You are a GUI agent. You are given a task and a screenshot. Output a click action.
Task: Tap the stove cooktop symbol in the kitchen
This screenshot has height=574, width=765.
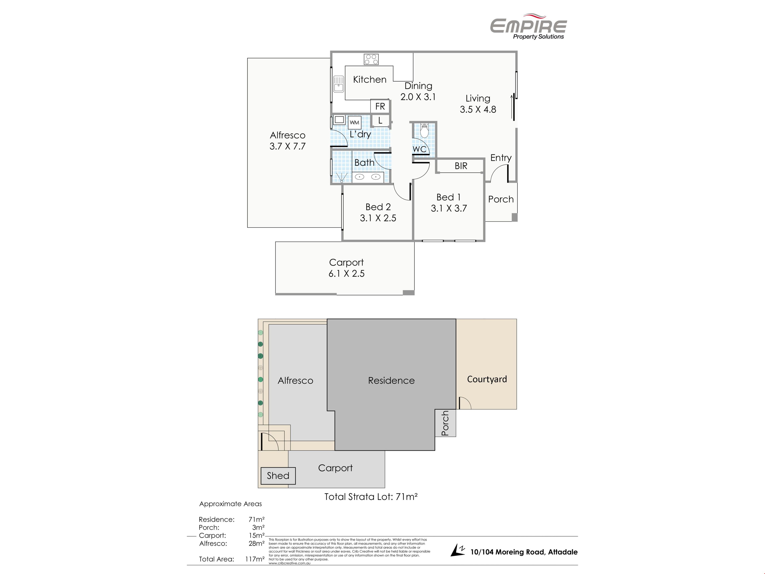click(x=371, y=59)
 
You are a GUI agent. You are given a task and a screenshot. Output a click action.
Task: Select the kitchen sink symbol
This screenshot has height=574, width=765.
click(x=339, y=84)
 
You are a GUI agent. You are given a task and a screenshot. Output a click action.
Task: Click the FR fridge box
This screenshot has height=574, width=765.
click(x=380, y=106)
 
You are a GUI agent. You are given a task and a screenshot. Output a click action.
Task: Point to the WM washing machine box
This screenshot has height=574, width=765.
click(x=354, y=123)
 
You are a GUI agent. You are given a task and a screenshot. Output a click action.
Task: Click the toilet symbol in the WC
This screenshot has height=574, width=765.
click(x=424, y=130)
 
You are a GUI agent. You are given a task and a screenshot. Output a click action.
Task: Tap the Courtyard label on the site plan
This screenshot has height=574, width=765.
click(x=487, y=379)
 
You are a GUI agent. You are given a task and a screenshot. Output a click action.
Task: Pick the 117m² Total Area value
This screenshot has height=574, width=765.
click(x=255, y=559)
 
